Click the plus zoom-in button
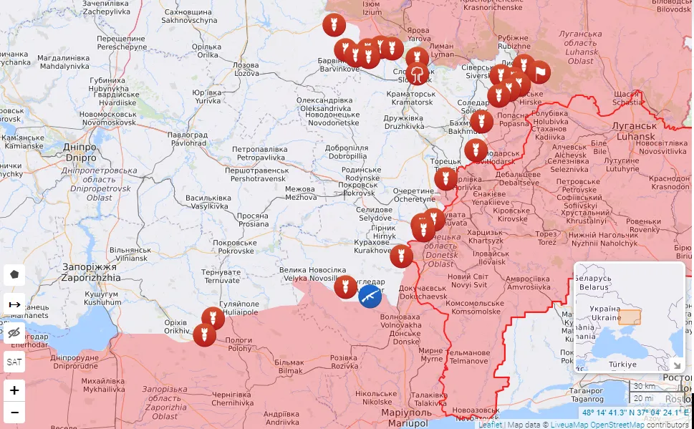[x=14, y=390]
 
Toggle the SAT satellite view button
[x=14, y=362]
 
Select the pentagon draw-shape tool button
[x=14, y=275]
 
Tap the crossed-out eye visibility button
[x=14, y=333]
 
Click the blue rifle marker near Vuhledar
[x=370, y=295]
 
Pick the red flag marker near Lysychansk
[x=539, y=72]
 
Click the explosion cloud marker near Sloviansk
[x=418, y=73]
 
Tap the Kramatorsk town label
[x=410, y=98]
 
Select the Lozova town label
[x=246, y=69]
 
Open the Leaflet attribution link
[x=490, y=424]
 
